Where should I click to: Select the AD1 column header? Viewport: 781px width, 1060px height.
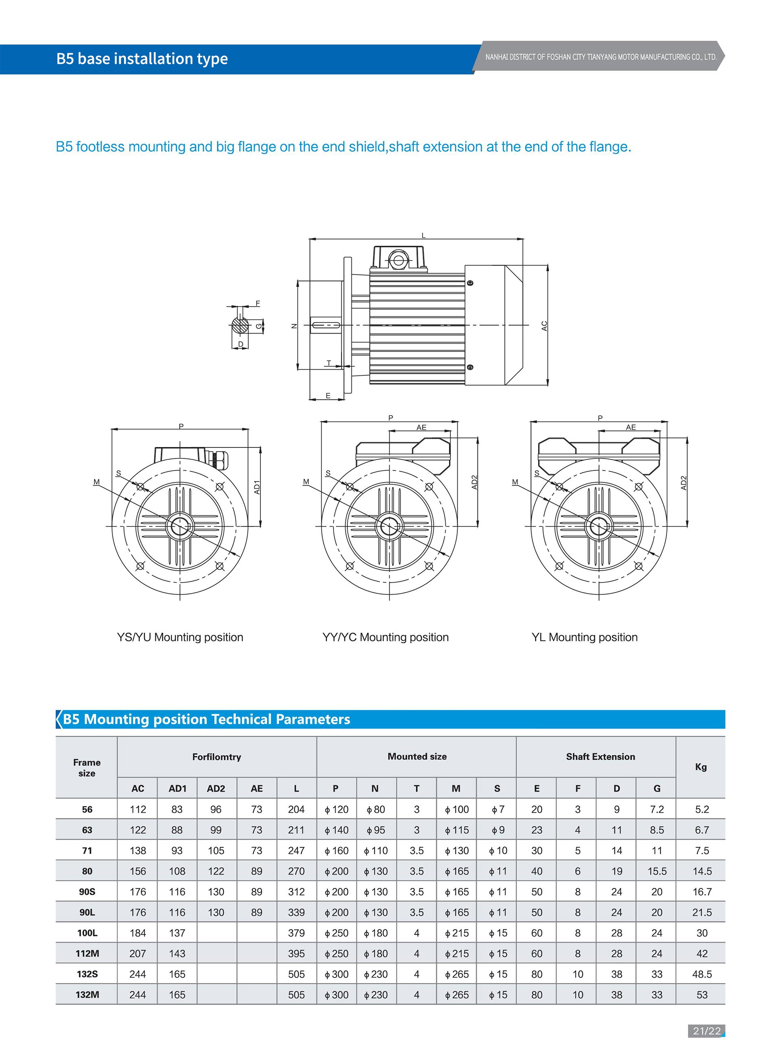point(177,788)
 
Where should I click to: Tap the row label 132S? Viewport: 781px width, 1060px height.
point(87,974)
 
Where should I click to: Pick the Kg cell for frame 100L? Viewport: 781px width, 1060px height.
point(702,933)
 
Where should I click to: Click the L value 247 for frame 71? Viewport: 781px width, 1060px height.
point(297,851)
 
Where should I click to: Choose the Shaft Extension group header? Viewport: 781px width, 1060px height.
point(600,757)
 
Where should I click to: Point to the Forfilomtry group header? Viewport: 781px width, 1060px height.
point(216,757)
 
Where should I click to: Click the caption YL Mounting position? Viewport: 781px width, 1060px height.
point(585,637)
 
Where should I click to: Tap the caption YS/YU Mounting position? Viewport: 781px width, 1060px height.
point(180,637)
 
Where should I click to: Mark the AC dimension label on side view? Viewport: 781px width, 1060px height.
point(544,326)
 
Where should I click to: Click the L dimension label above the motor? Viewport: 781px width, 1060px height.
point(423,236)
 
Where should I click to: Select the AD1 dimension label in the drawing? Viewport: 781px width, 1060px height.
point(257,487)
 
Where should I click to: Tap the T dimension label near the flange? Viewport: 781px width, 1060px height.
point(329,363)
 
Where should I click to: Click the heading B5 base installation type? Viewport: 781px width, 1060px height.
point(142,59)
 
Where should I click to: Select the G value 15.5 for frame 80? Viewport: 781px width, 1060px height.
point(657,871)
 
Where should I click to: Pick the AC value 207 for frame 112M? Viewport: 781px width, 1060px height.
point(137,953)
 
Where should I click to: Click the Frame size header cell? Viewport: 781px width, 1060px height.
point(87,768)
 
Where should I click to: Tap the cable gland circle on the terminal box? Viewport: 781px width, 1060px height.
point(398,260)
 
